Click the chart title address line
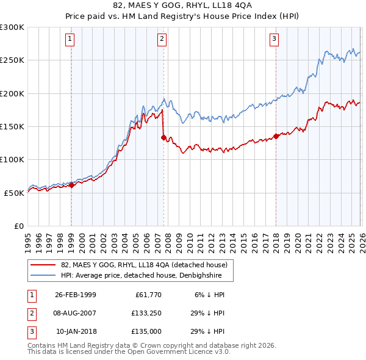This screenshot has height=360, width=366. click(x=182, y=5)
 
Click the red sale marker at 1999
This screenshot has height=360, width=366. click(x=71, y=185)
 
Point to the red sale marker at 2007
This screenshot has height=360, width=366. click(x=163, y=138)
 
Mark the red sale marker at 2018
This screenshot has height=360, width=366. click(x=276, y=136)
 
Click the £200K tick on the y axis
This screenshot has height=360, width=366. click(x=12, y=93)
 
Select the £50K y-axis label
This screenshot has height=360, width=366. click(x=15, y=193)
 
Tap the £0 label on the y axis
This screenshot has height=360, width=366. click(x=19, y=226)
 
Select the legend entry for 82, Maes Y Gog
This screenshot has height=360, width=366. click(x=144, y=265)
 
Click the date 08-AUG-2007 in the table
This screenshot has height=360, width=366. click(x=75, y=313)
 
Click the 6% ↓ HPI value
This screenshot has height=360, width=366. click(x=210, y=295)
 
